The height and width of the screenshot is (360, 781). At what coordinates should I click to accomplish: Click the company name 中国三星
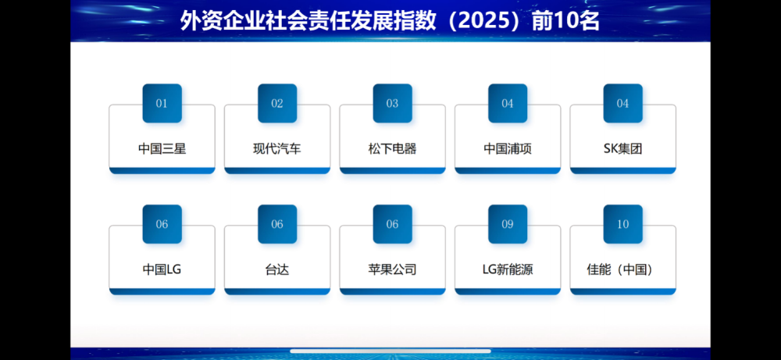(162, 148)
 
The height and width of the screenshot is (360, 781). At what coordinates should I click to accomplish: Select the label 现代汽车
(277, 148)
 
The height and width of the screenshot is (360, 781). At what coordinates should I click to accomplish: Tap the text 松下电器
(392, 148)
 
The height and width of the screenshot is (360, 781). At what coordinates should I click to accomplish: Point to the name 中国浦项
(508, 148)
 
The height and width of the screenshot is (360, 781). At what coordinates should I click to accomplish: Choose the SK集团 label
(622, 148)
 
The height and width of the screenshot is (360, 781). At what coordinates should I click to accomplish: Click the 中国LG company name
(162, 269)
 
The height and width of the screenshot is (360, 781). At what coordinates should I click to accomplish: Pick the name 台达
(277, 269)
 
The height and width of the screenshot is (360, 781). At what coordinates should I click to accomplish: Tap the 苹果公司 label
(392, 269)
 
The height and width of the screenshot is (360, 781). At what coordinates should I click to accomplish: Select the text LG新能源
(508, 269)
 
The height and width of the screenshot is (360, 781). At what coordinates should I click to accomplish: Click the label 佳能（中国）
(622, 269)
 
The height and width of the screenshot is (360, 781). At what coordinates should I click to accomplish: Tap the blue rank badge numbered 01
(162, 103)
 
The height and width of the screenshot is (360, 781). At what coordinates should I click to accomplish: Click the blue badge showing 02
(277, 103)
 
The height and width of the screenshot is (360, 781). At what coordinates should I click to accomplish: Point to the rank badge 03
(392, 103)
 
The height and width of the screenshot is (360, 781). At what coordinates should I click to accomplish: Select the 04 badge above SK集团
(622, 103)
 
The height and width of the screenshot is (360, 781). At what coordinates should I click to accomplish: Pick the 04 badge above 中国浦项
(508, 103)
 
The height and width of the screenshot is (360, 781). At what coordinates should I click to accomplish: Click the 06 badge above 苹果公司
(392, 224)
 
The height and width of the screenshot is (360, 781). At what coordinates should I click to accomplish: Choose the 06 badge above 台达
(277, 224)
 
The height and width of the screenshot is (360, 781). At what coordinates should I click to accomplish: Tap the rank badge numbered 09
(508, 224)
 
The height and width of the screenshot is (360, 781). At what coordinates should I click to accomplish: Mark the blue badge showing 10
(622, 224)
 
